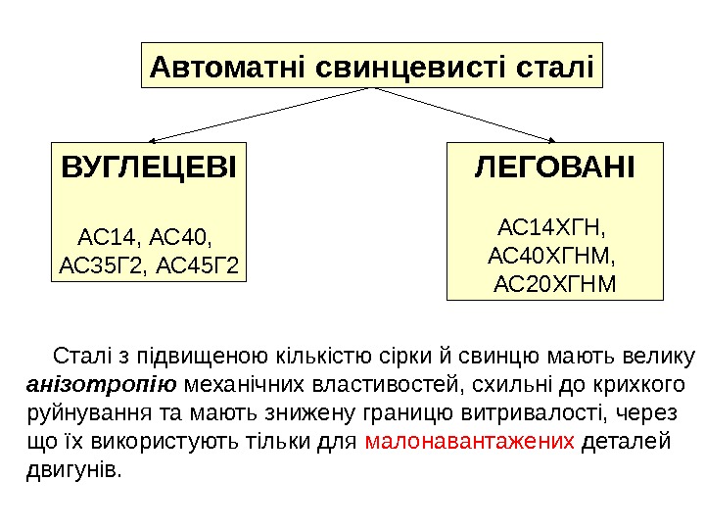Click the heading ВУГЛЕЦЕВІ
[x=149, y=168]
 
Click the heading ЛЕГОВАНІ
[x=555, y=168]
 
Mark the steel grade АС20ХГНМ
[x=555, y=284]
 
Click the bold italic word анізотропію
[x=101, y=382]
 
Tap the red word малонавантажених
[x=469, y=441]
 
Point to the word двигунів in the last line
[x=73, y=470]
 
